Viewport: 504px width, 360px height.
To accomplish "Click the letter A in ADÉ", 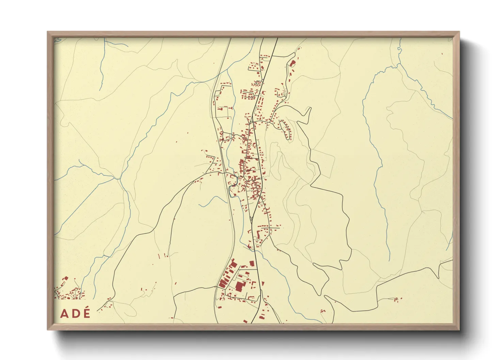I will coord(64,313).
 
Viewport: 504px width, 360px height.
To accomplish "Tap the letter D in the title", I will coord(75,313).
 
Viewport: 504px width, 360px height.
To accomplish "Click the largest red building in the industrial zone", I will coord(239,287).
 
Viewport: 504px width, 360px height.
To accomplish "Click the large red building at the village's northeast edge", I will coord(292,63).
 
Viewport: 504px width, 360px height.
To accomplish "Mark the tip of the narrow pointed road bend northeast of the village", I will coord(310,108).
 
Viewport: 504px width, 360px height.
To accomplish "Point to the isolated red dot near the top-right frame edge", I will coord(442,53).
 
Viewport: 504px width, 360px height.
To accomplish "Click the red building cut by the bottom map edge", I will coord(245,321).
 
